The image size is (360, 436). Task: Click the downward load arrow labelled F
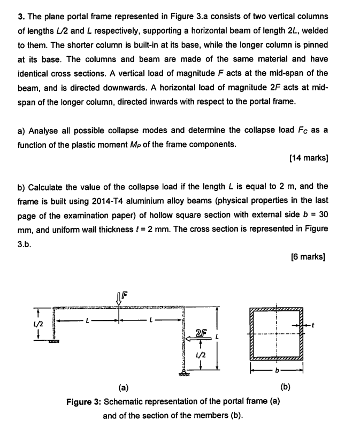[x=120, y=297]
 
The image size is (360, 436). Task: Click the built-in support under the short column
[x=53, y=341]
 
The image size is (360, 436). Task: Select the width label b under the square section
[x=277, y=370]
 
